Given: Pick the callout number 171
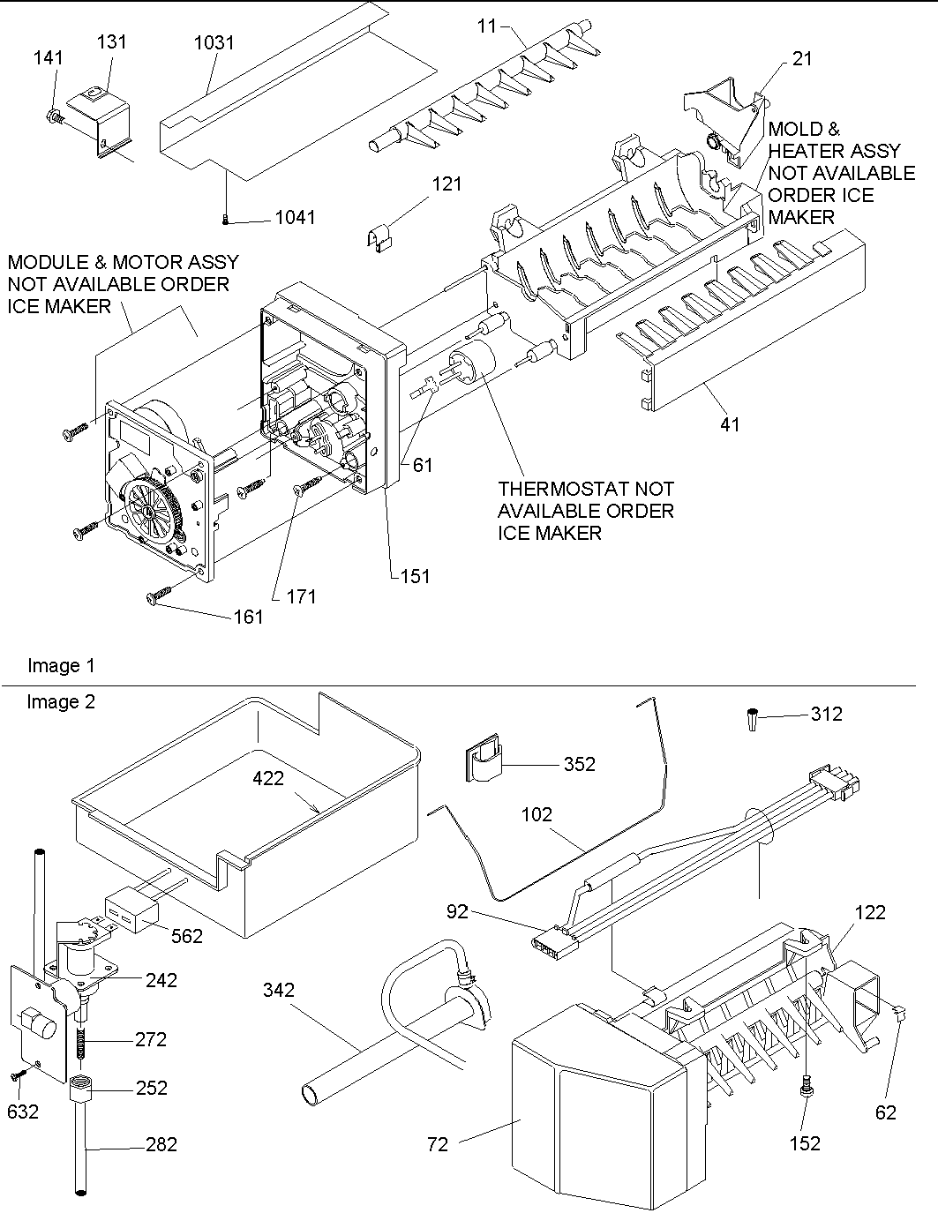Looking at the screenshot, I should tap(301, 597).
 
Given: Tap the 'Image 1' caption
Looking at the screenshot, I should tap(61, 666).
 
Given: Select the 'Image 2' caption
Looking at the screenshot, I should tap(61, 702).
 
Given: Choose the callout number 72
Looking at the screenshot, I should tap(437, 1144).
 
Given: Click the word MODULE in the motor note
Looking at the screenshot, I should tap(46, 262).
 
